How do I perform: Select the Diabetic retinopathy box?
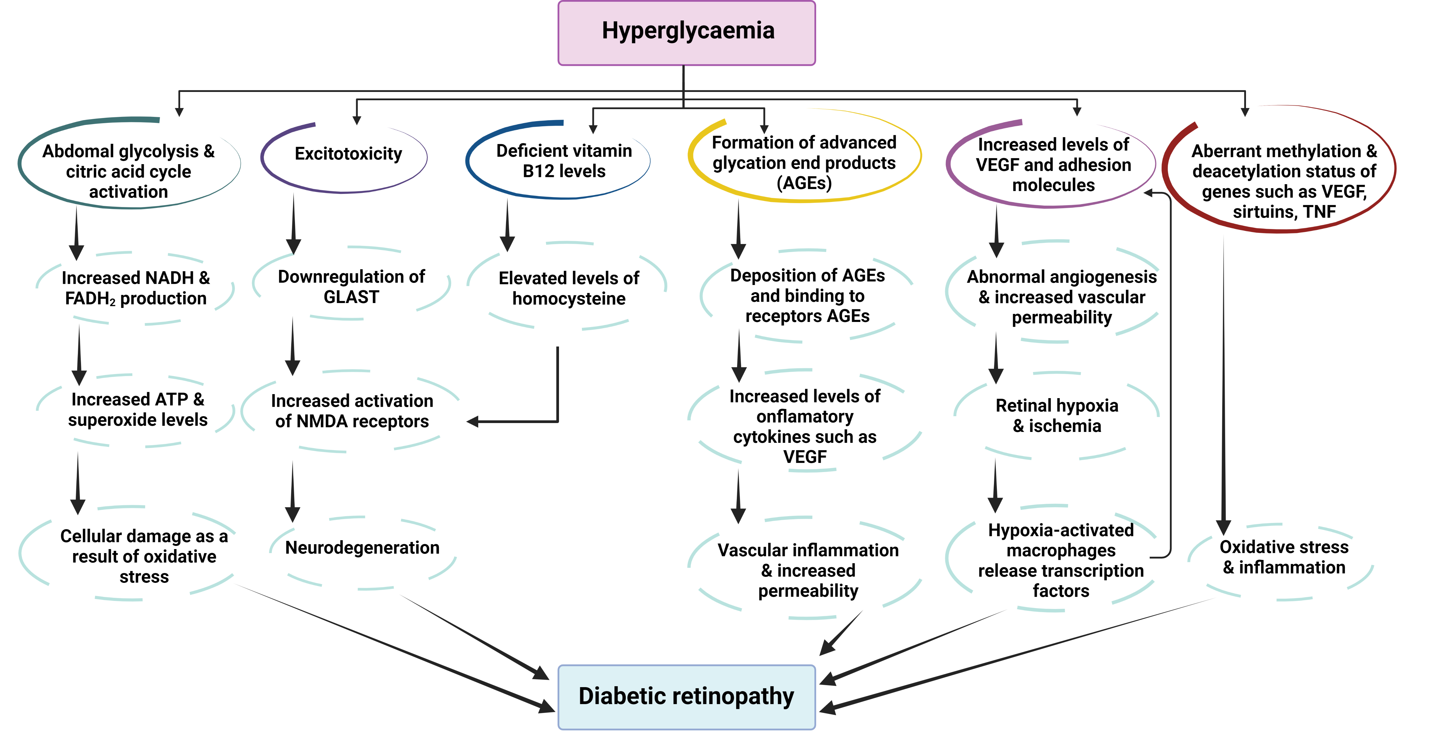point(686,697)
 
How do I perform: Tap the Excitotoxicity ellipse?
point(348,154)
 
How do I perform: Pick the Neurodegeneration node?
point(362,548)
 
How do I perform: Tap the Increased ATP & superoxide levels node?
point(137,409)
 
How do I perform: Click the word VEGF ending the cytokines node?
point(804,457)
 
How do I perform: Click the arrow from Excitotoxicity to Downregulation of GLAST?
point(293,223)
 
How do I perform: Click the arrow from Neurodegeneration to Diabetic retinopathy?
point(475,637)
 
